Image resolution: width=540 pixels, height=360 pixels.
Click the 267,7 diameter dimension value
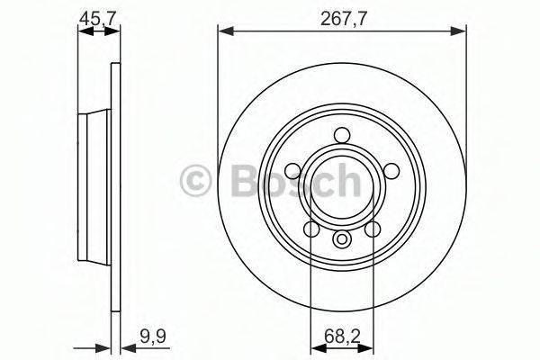[342, 15]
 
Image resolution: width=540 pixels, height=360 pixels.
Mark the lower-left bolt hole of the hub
[310, 229]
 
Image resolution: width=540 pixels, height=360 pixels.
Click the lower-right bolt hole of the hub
[373, 229]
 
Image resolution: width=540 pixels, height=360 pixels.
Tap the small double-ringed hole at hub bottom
[342, 240]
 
